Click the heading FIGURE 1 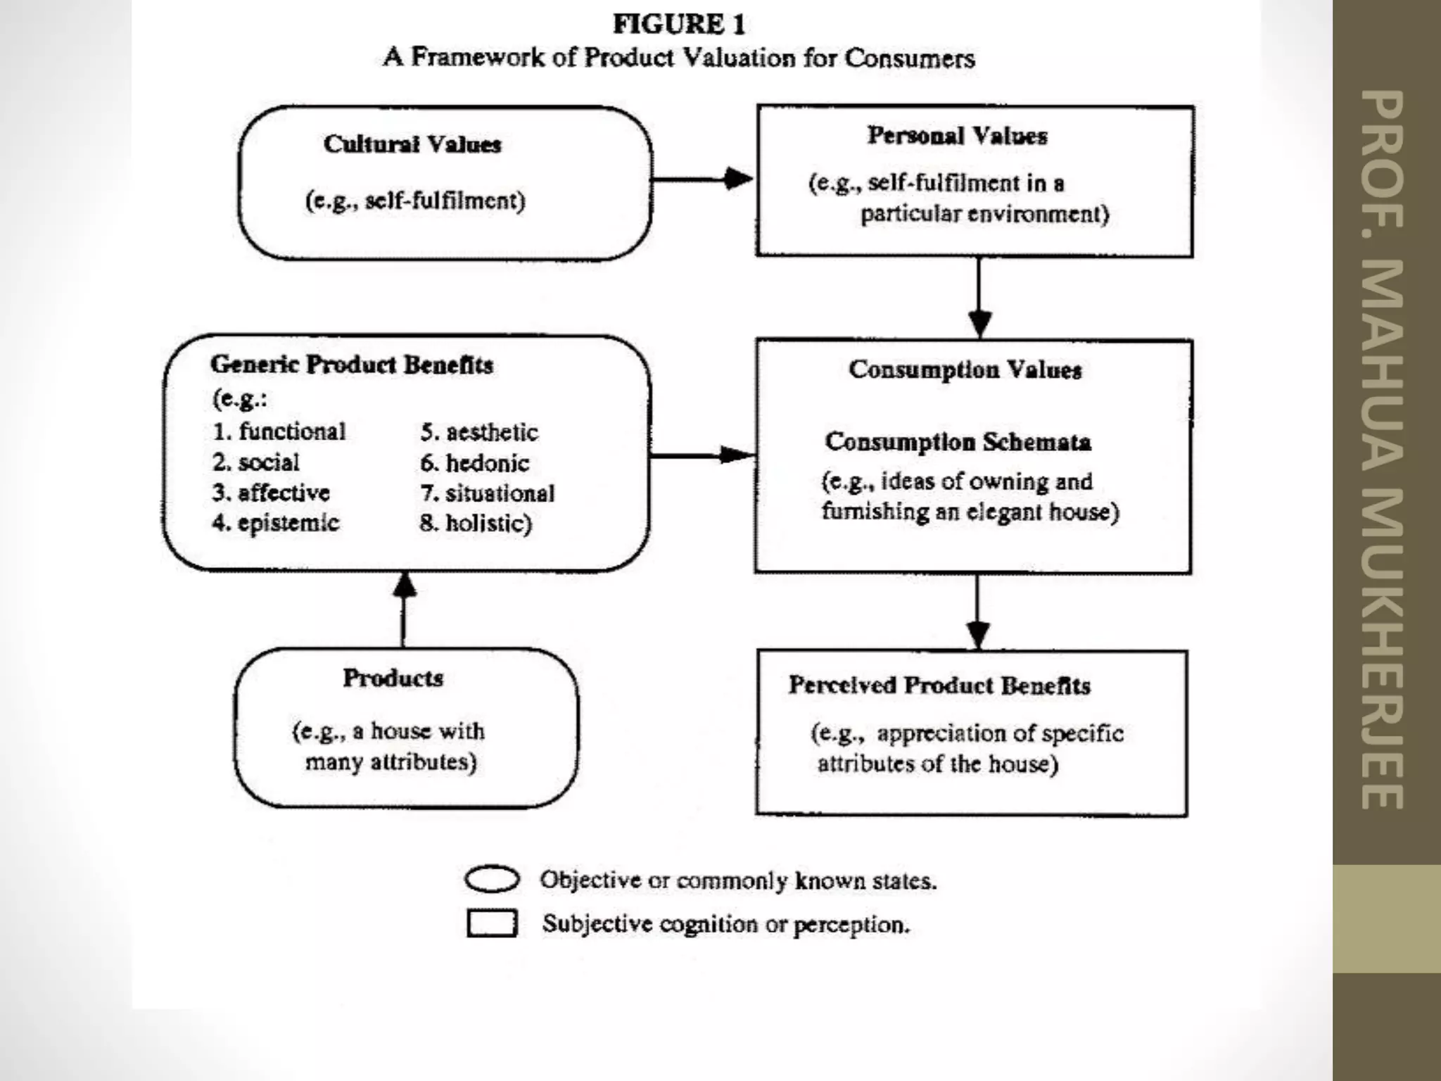(x=679, y=25)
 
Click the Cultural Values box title (x=412, y=144)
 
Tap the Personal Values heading (x=957, y=136)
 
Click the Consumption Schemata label (x=958, y=442)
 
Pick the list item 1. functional (x=279, y=431)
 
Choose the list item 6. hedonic (x=475, y=463)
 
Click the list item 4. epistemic (x=276, y=523)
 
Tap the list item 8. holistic (x=476, y=524)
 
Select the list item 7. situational (x=488, y=493)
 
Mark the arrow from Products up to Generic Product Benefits (x=404, y=609)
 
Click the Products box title (x=393, y=678)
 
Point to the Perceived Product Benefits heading (x=939, y=685)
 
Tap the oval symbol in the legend (x=492, y=880)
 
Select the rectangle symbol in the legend (x=492, y=923)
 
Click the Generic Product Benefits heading (x=352, y=365)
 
